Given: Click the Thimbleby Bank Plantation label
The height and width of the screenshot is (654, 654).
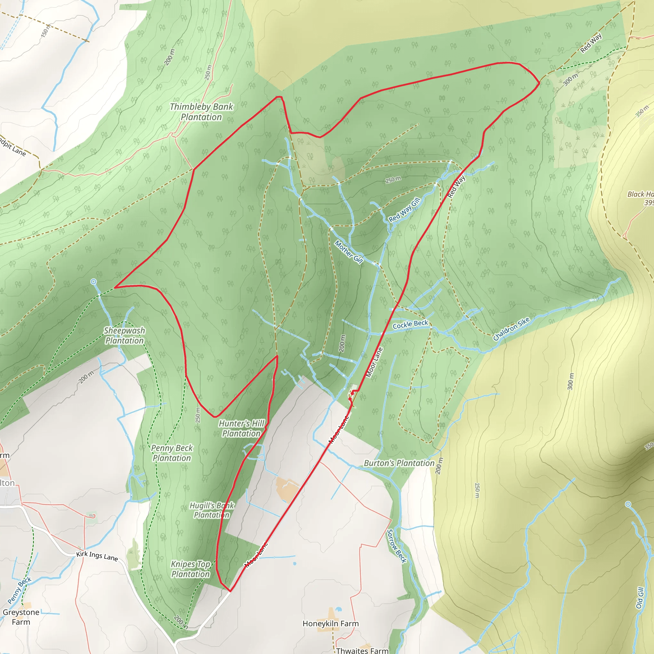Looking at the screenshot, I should pyautogui.click(x=202, y=112).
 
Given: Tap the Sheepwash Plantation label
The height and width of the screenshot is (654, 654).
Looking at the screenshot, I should pyautogui.click(x=124, y=336).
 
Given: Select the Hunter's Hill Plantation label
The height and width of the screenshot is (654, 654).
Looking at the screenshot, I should pyautogui.click(x=241, y=428).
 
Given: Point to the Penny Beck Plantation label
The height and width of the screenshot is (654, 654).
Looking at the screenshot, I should pyautogui.click(x=171, y=453).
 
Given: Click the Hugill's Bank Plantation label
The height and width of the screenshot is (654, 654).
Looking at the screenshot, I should pyautogui.click(x=212, y=510).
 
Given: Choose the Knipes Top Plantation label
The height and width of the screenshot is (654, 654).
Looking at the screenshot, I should pyautogui.click(x=191, y=569).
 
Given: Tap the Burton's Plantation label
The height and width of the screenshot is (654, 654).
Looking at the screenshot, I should pyautogui.click(x=399, y=463).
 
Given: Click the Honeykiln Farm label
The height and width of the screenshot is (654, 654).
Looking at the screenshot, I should pyautogui.click(x=331, y=624).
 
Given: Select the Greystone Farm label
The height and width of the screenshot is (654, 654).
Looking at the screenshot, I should pyautogui.click(x=21, y=617).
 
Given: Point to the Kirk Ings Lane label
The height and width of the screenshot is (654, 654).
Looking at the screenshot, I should pyautogui.click(x=97, y=556).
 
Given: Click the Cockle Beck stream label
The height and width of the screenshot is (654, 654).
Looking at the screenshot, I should pyautogui.click(x=410, y=324).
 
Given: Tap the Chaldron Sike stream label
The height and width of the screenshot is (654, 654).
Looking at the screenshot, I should pyautogui.click(x=511, y=329).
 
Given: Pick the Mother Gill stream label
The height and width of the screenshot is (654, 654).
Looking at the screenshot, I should pyautogui.click(x=349, y=252).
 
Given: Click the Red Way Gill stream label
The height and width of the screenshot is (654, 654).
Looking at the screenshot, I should pyautogui.click(x=404, y=209).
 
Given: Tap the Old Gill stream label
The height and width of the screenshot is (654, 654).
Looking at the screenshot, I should pyautogui.click(x=639, y=598).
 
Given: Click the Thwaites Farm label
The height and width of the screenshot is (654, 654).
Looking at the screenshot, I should pyautogui.click(x=362, y=650).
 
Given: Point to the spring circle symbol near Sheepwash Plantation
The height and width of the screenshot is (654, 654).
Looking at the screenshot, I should pyautogui.click(x=94, y=282).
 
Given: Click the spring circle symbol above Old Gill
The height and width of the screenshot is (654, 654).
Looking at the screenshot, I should pyautogui.click(x=628, y=504).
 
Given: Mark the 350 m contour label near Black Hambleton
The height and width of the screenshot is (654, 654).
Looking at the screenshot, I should pyautogui.click(x=642, y=111).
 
